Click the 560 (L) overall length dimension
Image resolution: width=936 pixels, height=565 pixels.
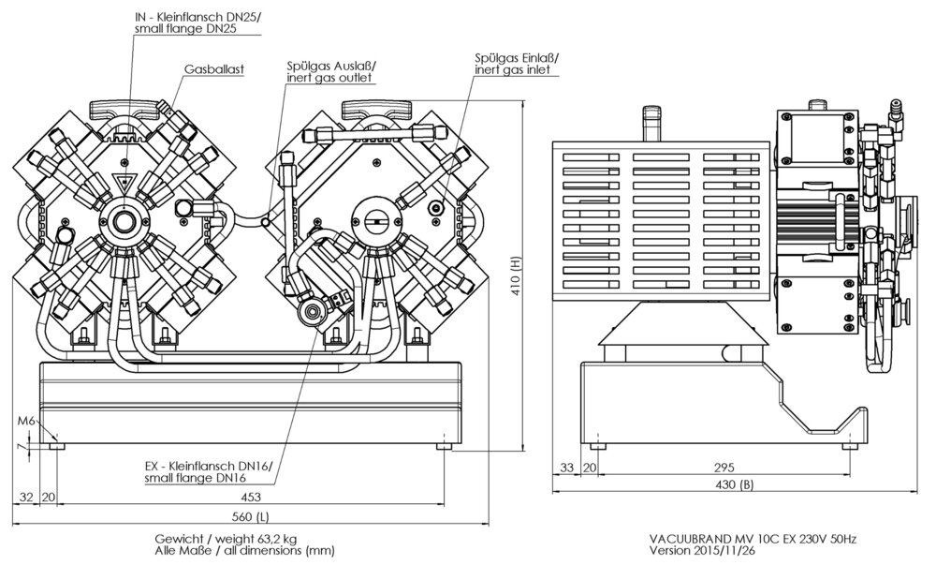(250, 516)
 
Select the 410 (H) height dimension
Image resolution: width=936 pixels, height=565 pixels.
(517, 276)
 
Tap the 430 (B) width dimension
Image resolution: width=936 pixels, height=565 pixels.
(734, 485)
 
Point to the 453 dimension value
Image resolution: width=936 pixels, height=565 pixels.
(251, 497)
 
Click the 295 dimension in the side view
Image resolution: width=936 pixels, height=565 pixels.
(724, 468)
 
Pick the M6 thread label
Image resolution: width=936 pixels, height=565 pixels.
(26, 421)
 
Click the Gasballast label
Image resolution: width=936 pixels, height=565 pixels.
(214, 69)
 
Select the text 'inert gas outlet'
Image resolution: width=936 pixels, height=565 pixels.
(329, 78)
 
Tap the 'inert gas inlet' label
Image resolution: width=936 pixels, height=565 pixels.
(512, 70)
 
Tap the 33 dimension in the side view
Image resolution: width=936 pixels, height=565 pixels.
(566, 468)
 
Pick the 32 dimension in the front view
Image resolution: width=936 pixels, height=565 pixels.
(26, 497)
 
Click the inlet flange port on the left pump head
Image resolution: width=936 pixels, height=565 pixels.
(124, 221)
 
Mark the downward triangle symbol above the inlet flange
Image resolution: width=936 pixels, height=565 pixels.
(124, 182)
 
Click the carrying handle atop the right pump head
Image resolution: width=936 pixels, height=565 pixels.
(377, 110)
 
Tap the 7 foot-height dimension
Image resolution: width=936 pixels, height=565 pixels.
(21, 446)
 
